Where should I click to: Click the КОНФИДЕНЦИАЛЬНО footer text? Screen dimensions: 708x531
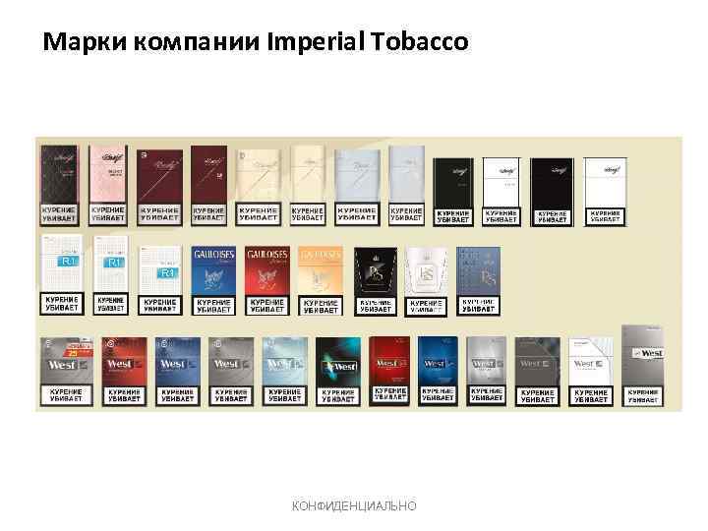[x=354, y=504]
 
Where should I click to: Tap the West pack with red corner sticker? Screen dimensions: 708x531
[x=66, y=362]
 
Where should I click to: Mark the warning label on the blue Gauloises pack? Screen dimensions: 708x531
[x=213, y=306]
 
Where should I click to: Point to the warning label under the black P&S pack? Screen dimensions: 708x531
[x=374, y=306]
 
